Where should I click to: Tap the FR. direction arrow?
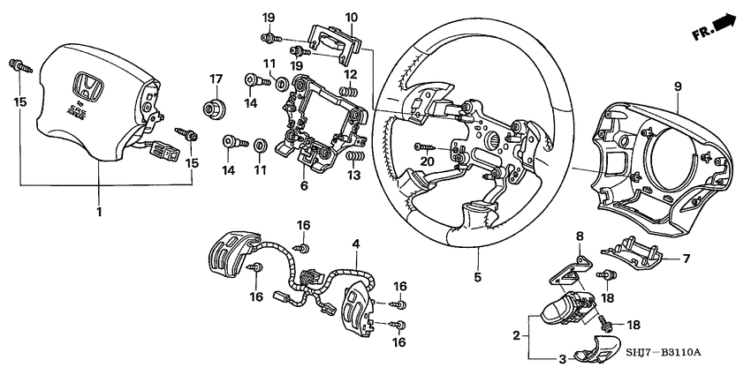(x=715, y=26)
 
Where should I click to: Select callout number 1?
(x=99, y=212)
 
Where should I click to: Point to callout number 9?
(x=678, y=86)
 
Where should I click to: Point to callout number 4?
(x=355, y=242)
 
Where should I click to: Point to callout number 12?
(x=351, y=74)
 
